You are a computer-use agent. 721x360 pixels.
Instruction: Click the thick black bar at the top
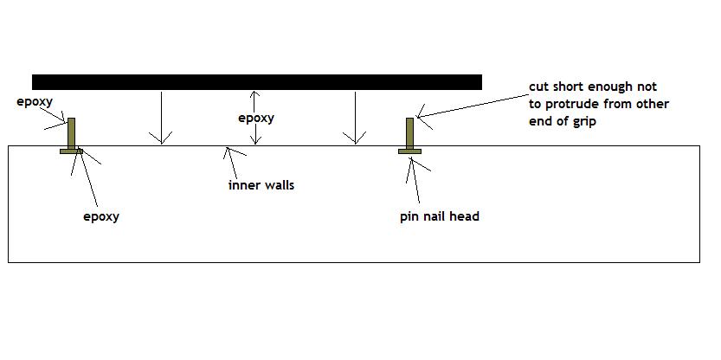256,82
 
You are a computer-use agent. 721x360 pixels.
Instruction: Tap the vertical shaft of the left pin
71,132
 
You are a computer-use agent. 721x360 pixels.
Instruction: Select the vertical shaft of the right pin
409,132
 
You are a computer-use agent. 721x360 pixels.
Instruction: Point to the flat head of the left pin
71,151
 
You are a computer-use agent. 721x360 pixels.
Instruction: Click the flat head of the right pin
409,151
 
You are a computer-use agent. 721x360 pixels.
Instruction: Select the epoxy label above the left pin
35,101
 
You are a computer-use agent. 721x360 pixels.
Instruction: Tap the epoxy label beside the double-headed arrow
255,118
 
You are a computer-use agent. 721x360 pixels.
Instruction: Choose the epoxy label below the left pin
100,216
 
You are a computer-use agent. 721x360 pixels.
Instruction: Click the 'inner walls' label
261,184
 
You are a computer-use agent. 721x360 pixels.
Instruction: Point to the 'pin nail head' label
439,216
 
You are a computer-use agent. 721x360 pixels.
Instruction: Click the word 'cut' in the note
538,87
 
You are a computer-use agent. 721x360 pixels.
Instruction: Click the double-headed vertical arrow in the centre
254,118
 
